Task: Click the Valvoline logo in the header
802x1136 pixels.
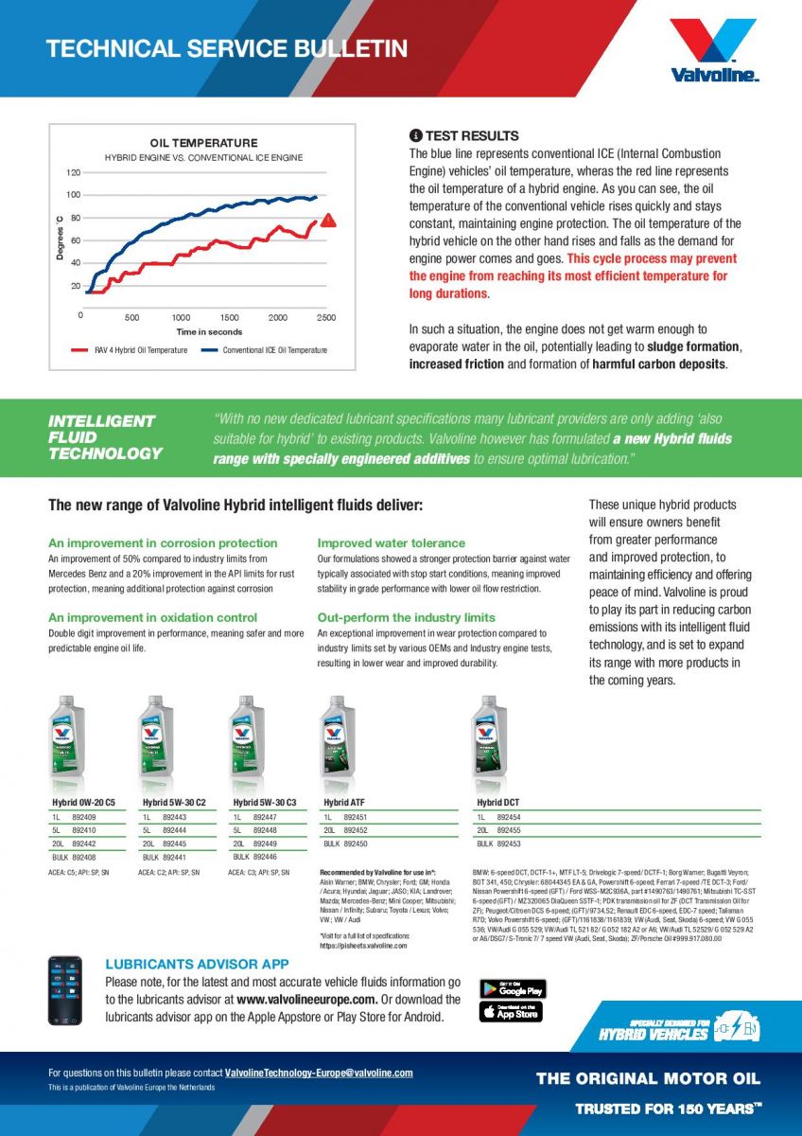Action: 714,49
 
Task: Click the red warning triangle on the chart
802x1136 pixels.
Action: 328,220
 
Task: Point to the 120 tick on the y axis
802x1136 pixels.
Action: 73,172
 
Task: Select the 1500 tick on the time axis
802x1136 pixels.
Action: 230,317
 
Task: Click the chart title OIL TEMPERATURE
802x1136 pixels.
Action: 203,143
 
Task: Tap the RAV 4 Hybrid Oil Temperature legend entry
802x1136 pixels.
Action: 127,350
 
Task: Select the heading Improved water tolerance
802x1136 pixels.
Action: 392,543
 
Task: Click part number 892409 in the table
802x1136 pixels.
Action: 84,816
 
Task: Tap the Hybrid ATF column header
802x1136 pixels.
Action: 344,803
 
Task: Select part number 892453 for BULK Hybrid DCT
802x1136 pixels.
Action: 509,843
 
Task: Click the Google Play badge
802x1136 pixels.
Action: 513,989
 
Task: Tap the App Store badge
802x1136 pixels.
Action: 512,1012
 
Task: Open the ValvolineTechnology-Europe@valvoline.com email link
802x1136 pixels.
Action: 320,1073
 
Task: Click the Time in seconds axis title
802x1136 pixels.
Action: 209,332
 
